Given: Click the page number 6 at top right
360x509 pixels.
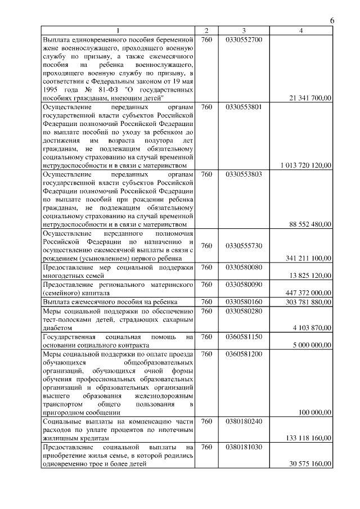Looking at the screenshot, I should (x=332, y=21).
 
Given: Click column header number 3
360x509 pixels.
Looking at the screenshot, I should (x=244, y=30).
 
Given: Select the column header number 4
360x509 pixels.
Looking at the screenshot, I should (x=302, y=30).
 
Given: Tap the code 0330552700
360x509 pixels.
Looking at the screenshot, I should (x=244, y=40).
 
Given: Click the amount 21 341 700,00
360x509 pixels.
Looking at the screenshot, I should (x=310, y=98).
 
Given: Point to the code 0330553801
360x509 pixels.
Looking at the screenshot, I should (x=244, y=107).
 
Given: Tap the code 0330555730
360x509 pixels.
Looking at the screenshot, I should (x=244, y=246).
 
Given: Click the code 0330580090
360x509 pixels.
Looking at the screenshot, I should (x=244, y=285).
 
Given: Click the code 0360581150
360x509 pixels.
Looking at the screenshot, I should (x=244, y=336).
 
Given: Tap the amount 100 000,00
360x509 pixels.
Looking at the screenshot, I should (x=315, y=412).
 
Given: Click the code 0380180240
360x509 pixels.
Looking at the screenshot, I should (x=244, y=421).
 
